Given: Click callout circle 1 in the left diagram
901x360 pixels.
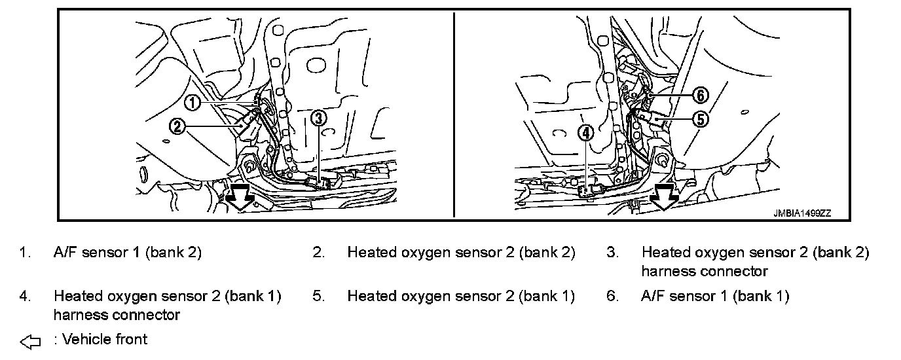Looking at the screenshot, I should point(191,102).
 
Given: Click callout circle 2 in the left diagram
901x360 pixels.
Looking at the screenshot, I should point(177,126).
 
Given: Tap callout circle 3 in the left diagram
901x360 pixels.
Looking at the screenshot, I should point(318,118).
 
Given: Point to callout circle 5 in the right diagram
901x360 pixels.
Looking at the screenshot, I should point(700,119).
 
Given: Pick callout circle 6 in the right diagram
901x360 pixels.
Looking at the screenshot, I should point(700,96).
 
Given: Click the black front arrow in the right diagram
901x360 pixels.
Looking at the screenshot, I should point(665,196).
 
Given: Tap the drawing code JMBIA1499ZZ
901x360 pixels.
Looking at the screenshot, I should point(801,212).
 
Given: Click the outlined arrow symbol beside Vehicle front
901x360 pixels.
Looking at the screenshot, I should point(30,341).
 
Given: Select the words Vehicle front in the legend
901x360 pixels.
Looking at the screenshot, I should point(105,339).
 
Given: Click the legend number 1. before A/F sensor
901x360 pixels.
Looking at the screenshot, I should point(24,253).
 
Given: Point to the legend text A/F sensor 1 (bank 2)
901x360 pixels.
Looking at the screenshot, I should point(128,253).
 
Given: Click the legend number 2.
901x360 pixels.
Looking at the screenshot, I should point(318,253).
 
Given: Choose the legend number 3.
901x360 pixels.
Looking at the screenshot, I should point(612,253).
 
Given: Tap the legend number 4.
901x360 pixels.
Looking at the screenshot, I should point(24,296).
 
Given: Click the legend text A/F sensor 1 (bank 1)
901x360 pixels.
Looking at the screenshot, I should point(715,296).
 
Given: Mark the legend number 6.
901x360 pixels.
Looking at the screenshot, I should point(612,296).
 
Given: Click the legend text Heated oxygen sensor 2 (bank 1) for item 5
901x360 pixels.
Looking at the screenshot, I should point(461,296).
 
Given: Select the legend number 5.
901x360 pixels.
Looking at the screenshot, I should point(318,296).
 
